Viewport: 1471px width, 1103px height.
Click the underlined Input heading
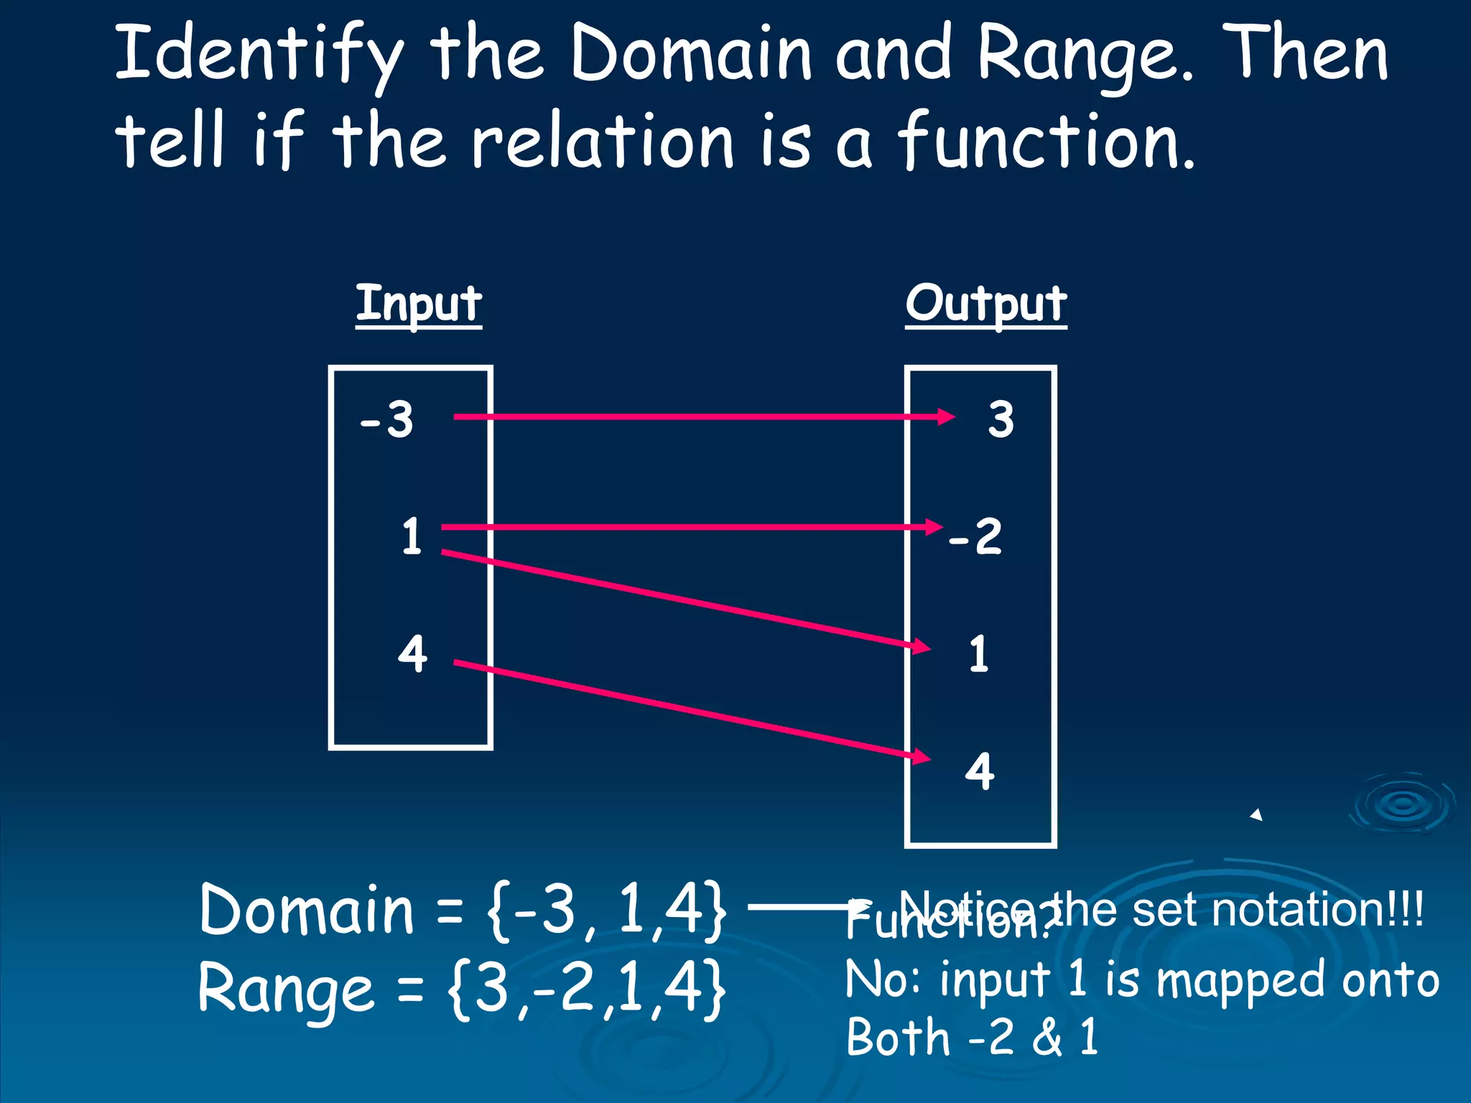click(419, 304)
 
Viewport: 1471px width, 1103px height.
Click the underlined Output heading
click(985, 304)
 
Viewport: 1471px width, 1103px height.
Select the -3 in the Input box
click(387, 419)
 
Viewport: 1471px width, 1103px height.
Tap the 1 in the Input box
click(412, 536)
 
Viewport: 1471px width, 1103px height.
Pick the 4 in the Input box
click(412, 653)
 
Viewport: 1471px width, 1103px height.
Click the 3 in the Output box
click(1001, 419)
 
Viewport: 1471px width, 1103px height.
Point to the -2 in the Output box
click(975, 536)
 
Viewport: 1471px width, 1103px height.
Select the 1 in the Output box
click(978, 654)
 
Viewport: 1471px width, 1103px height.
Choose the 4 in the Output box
click(980, 771)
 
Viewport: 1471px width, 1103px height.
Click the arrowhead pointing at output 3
click(945, 416)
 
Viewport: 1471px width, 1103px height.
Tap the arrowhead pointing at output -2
click(933, 527)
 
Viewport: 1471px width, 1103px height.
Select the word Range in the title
click(1085, 56)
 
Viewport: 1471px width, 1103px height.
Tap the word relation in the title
click(603, 141)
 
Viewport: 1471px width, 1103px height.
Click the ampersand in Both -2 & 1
click(1047, 1038)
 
